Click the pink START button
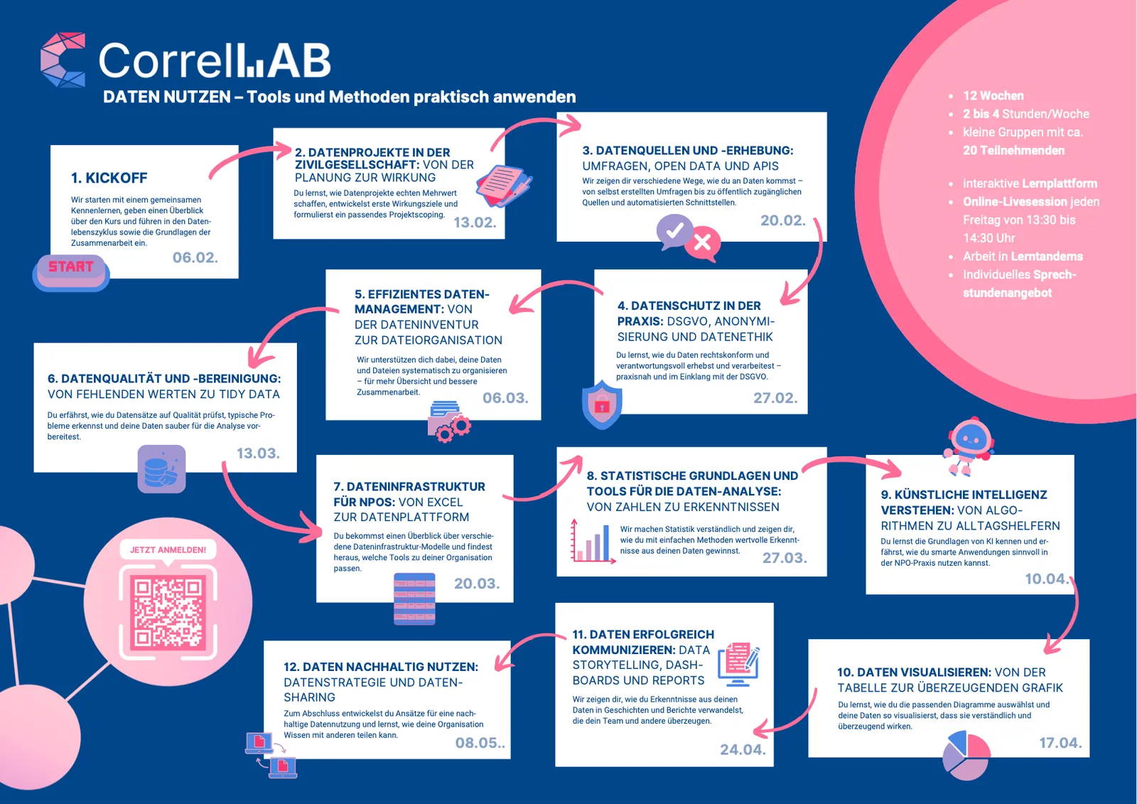pyautogui.click(x=71, y=269)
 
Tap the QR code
pyautogui.click(x=168, y=611)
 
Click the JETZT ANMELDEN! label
pyautogui.click(x=168, y=550)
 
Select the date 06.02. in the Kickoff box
pyautogui.click(x=195, y=257)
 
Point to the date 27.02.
pyautogui.click(x=775, y=398)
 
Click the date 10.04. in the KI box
pyautogui.click(x=1045, y=579)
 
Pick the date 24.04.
pyautogui.click(x=742, y=749)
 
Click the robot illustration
pyautogui.click(x=968, y=445)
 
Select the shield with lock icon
pyautogui.click(x=602, y=404)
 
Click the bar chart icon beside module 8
pyautogui.click(x=593, y=542)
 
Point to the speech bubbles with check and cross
pyautogui.click(x=688, y=237)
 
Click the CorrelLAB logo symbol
pyautogui.click(x=63, y=60)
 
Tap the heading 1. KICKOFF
pyautogui.click(x=109, y=178)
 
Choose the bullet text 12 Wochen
pyautogui.click(x=993, y=96)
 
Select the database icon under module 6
pyautogui.click(x=161, y=469)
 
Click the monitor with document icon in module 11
pyautogui.click(x=738, y=663)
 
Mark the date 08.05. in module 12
pyautogui.click(x=478, y=743)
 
